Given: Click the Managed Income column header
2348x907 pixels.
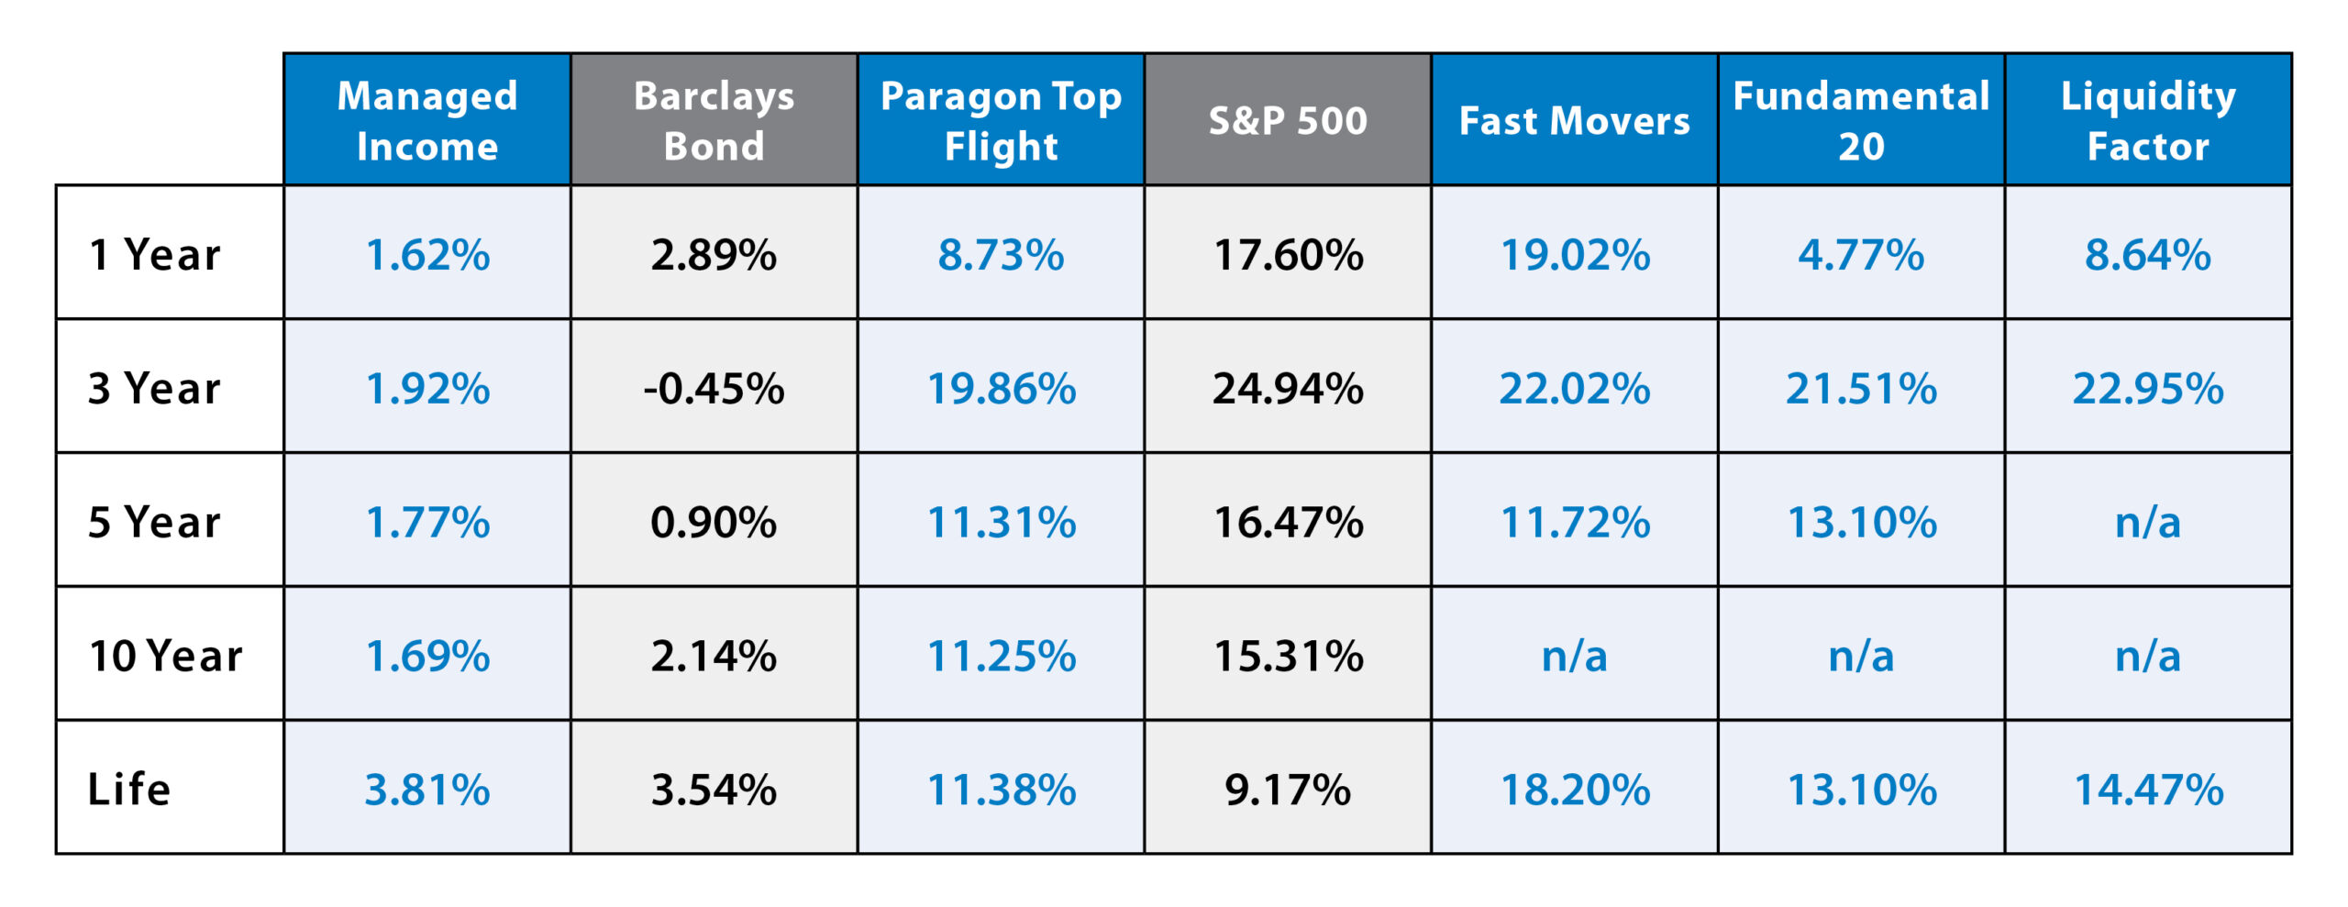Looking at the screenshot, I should coord(427,120).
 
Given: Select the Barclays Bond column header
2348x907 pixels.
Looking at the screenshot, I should coord(714,120).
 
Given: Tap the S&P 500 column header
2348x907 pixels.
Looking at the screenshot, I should coord(1288,120).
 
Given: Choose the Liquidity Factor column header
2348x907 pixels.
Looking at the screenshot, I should coord(2148,120).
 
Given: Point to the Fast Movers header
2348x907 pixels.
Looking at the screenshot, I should coord(1574,120).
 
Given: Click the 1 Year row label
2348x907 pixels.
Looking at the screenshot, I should coord(155,254).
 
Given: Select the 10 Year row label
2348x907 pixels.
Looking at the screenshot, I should coord(165,656).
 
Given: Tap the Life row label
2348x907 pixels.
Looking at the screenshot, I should coord(129,789).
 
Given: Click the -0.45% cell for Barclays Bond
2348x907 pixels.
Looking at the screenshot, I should coord(714,388).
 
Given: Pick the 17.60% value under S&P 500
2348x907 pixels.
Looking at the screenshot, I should coord(1288,254).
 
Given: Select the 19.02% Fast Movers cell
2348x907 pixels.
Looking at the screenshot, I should coord(1574,254).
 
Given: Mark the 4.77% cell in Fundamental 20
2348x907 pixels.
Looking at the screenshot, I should coord(1861,254).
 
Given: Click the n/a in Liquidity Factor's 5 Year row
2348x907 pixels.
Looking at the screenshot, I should coord(2148,522).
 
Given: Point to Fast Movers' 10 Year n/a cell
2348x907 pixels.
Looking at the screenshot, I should coord(1574,656).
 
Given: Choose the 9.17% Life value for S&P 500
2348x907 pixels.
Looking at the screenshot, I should coord(1288,789).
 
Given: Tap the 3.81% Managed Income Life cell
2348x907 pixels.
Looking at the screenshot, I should coord(427,789).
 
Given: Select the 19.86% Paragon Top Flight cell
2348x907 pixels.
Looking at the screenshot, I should coord(1001,388).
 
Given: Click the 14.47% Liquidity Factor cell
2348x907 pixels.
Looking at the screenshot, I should coord(2148,789).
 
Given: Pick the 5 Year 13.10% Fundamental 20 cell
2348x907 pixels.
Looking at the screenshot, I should coord(1861,522).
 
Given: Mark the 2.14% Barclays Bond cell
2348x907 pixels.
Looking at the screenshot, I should coord(714,656).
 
